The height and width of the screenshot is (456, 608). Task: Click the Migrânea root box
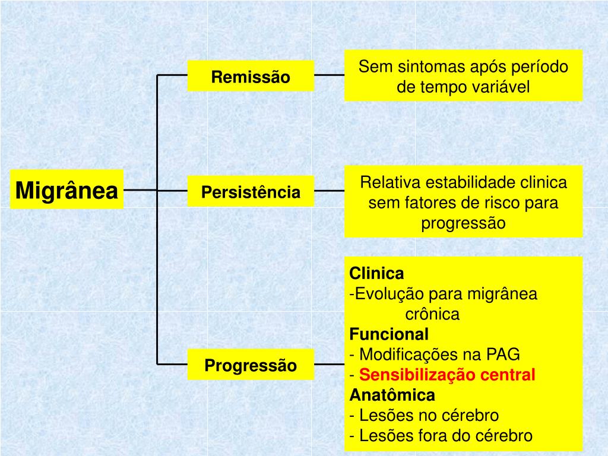click(x=66, y=190)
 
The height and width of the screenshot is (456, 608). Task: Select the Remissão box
click(x=251, y=77)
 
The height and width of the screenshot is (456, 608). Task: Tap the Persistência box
click(x=251, y=192)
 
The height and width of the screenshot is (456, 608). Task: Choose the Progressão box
click(x=251, y=365)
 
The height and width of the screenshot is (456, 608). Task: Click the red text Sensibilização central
click(x=447, y=375)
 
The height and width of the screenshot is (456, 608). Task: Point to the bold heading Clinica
click(x=376, y=274)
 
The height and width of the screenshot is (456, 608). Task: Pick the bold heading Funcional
click(x=389, y=334)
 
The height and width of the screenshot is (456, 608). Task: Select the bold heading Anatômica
click(x=392, y=395)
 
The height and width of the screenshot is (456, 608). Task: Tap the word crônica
click(x=432, y=314)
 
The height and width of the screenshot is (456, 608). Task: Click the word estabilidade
click(x=464, y=182)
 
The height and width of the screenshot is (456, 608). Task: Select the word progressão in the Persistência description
click(x=463, y=224)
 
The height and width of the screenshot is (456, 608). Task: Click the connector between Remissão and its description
click(x=329, y=75)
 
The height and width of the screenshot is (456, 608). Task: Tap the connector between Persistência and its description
click(x=329, y=191)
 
